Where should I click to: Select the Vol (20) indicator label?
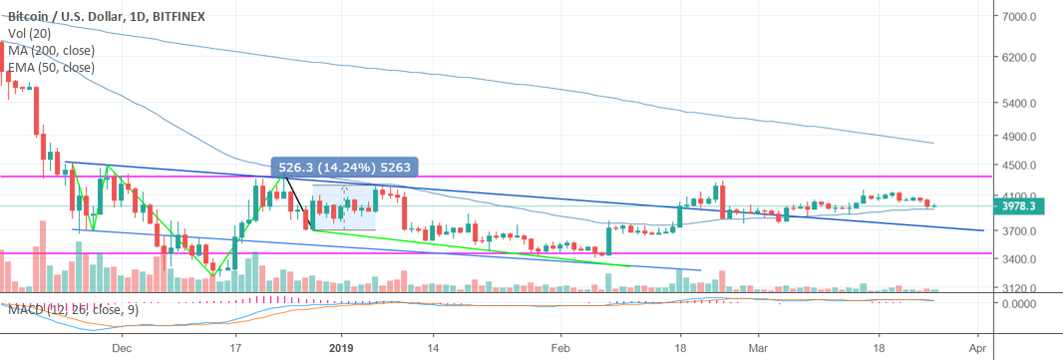click(x=30, y=33)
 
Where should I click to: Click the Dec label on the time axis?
click(x=122, y=350)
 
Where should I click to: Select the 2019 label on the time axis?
click(x=342, y=350)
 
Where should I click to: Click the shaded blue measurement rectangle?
click(x=344, y=208)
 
